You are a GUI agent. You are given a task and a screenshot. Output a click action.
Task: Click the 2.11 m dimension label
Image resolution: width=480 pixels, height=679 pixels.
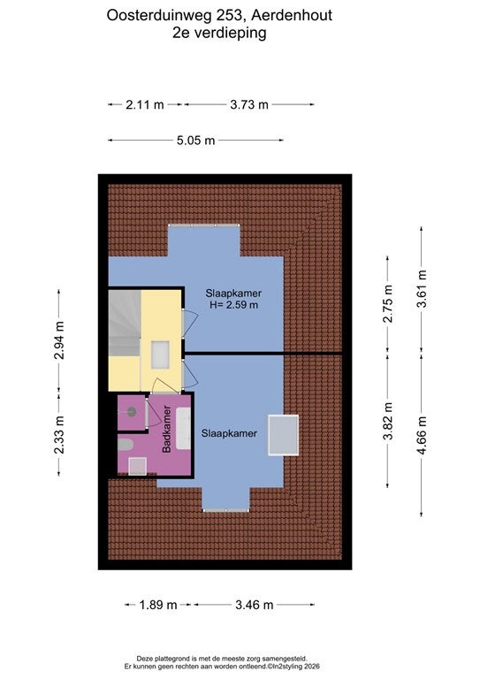point(145,104)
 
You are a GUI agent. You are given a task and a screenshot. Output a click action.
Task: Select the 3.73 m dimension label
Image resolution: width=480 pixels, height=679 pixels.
point(249,104)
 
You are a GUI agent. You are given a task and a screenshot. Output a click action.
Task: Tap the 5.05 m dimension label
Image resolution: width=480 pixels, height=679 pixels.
point(195,141)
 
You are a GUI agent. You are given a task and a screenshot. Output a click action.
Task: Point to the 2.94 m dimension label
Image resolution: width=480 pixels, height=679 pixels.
point(59,340)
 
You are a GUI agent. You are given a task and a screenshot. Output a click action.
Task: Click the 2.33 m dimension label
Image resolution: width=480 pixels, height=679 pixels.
point(59,435)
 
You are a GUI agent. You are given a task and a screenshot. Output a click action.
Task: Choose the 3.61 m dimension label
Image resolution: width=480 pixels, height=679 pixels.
point(422,289)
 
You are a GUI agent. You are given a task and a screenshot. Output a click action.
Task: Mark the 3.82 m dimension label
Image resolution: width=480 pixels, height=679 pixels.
point(388,421)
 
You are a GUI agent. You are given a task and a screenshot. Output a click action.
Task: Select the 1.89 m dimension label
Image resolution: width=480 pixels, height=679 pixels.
point(158,605)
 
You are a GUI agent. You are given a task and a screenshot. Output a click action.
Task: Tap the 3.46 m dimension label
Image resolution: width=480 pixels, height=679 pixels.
point(254,605)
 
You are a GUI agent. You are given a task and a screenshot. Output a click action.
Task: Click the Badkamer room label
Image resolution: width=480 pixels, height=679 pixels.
point(167,429)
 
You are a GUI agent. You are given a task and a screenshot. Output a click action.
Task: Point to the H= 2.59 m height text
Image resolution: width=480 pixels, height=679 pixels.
point(233,305)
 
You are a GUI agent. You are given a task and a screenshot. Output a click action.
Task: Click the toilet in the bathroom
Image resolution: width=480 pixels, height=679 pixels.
point(126,445)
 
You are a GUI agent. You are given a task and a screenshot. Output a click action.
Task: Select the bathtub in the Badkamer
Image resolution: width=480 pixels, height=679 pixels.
point(183,428)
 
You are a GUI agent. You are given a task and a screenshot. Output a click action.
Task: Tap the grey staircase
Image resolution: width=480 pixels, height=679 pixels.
point(125,323)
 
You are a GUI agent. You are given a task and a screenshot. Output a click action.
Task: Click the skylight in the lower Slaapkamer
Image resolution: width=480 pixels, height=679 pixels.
point(284,435)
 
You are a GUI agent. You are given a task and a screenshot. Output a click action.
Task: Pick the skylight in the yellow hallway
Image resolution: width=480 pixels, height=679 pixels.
point(160,355)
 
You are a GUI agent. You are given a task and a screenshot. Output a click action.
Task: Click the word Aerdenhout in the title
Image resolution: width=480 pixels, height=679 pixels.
point(292,15)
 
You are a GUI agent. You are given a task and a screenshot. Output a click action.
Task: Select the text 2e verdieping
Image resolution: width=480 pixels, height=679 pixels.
point(219,33)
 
